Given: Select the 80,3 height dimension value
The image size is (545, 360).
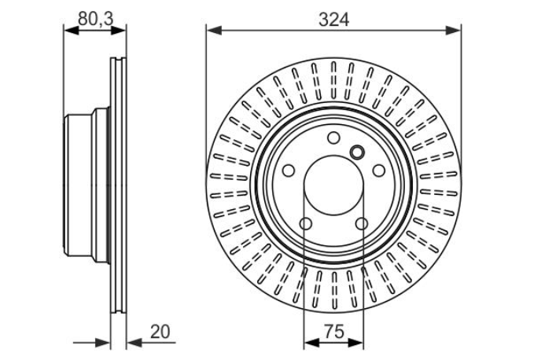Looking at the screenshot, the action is pos(96,18).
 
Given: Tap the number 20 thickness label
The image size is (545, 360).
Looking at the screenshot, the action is pos(160,332).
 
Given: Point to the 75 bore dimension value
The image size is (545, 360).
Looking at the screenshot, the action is pos(334,331).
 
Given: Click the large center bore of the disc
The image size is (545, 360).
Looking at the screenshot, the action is pos(333,186).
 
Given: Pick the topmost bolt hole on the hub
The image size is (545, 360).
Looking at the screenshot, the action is pos(333,138).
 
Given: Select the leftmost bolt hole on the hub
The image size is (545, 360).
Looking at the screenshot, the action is pos(289,171).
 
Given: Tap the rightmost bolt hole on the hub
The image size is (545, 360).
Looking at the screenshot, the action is pos(379,171).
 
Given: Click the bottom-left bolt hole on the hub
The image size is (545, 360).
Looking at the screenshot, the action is pos(306,223).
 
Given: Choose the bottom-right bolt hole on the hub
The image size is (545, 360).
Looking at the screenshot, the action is pos(362,223).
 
